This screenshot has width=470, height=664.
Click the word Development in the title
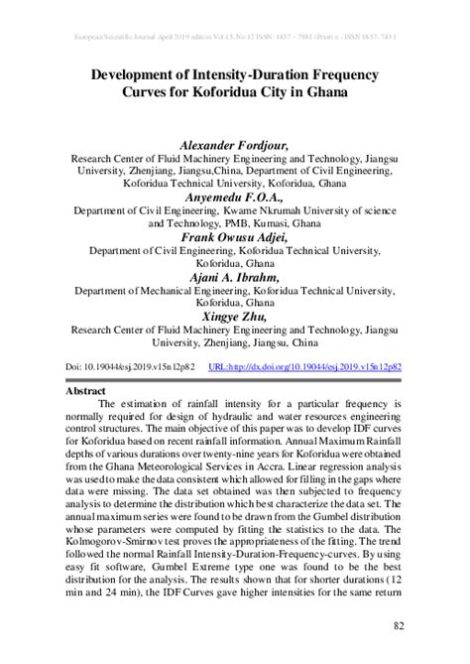[139, 74]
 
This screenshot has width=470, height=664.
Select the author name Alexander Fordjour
[235, 145]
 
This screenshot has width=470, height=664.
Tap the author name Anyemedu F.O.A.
[235, 197]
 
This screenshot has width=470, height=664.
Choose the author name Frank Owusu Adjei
[235, 237]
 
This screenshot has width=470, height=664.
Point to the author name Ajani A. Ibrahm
[235, 279]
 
